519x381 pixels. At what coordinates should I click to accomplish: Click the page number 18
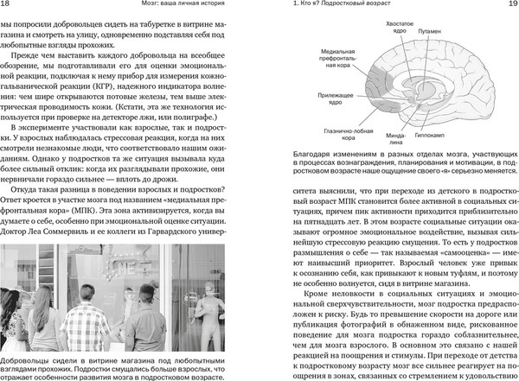(x=8, y=7)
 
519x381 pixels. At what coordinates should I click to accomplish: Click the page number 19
(x=508, y=7)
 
